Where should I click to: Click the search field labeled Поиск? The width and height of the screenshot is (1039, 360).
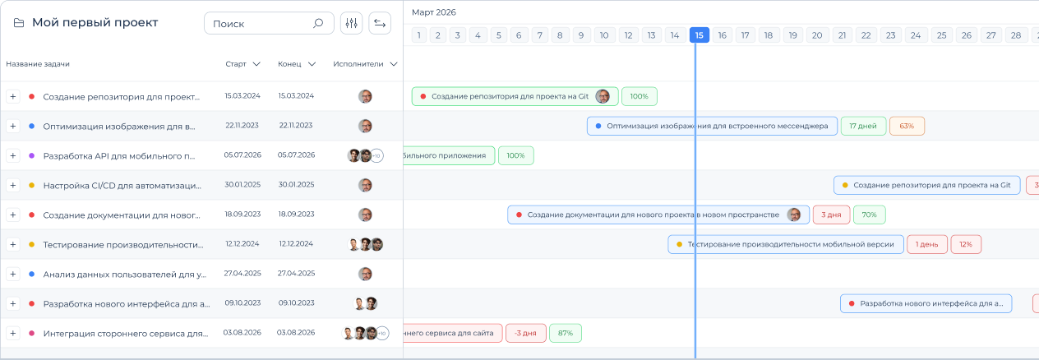(269, 23)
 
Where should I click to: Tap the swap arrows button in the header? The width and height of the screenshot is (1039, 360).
(380, 23)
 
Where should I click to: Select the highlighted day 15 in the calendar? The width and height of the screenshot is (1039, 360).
(699, 35)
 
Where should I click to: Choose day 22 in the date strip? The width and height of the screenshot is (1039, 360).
(866, 35)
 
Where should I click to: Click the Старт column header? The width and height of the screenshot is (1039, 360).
(236, 64)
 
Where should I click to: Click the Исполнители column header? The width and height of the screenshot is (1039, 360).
(358, 64)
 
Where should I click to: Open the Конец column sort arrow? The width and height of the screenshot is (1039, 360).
(312, 64)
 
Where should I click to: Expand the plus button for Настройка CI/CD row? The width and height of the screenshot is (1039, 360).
(13, 185)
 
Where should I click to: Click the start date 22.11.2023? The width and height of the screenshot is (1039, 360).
(242, 125)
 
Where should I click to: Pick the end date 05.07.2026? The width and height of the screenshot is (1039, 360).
(296, 155)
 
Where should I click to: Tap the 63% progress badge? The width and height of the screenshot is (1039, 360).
(907, 126)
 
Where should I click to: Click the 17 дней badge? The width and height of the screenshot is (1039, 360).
(863, 126)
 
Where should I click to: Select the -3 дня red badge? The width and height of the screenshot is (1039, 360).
(525, 333)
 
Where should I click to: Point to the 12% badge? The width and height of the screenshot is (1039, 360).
(966, 244)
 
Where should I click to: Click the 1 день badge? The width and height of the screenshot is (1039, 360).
(926, 244)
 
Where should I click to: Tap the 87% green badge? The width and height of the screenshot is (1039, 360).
(566, 333)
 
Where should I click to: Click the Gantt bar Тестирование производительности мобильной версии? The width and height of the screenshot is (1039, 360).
(786, 244)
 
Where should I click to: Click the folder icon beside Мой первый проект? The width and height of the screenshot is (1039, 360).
(19, 23)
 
